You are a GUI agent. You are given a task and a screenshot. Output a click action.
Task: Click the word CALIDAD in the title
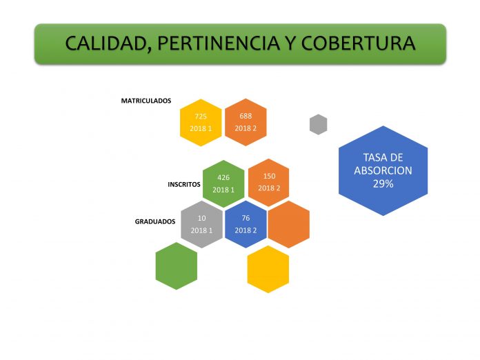point(106,43)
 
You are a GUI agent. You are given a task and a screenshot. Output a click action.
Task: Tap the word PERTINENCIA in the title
point(219,43)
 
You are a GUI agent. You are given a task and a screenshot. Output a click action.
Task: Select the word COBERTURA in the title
point(358,43)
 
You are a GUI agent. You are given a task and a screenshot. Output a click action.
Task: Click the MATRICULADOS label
point(146,101)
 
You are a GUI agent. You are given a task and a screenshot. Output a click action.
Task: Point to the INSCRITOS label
point(184,184)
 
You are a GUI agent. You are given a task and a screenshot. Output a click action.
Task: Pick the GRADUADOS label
point(155,221)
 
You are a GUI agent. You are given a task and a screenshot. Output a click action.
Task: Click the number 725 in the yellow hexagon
point(201,117)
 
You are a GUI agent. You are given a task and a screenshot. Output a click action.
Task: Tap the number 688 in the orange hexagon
point(246,116)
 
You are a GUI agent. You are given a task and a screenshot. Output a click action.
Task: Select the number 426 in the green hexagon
point(223,177)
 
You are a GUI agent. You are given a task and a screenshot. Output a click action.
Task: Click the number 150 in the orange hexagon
point(269,176)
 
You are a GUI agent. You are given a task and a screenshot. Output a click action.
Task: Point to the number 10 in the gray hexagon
point(201,218)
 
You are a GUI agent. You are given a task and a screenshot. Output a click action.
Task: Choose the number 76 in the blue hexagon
point(246,218)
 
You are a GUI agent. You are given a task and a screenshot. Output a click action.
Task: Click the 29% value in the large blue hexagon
point(383,183)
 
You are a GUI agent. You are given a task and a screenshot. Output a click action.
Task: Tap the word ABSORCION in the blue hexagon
point(383,170)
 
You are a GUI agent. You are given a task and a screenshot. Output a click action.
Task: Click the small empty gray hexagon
point(319,124)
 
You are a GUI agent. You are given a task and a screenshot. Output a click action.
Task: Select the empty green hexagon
point(177,266)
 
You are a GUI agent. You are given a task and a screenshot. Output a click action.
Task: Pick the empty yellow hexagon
point(268,269)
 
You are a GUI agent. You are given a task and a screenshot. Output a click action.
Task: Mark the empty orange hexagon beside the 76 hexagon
point(289,224)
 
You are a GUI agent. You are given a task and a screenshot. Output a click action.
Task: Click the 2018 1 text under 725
point(201,128)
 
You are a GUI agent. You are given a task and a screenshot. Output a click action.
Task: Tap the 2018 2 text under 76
point(246,230)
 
